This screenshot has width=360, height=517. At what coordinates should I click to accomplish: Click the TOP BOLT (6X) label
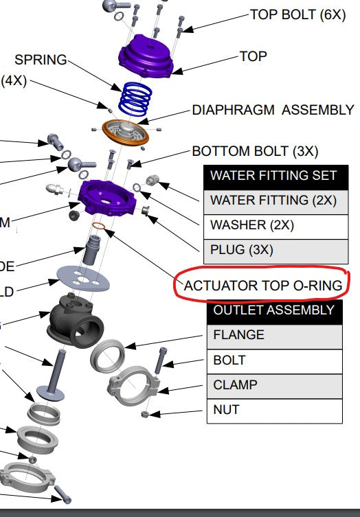[x=298, y=14]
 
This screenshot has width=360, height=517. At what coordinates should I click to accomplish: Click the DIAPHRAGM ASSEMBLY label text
[x=273, y=110]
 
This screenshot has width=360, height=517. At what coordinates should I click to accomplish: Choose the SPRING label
[x=41, y=60]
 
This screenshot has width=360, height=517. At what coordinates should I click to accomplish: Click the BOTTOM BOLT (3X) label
[x=255, y=151]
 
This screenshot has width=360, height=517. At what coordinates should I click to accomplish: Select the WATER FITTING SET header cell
[x=273, y=175]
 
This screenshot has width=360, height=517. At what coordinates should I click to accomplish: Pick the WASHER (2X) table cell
[x=273, y=225]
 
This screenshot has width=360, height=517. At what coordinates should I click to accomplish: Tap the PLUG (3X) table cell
[x=273, y=249]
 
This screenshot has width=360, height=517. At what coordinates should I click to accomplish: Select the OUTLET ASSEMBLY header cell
[x=273, y=310]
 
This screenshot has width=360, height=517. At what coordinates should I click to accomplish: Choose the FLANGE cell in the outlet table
[x=273, y=335]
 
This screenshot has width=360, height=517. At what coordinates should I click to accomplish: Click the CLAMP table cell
[x=273, y=385]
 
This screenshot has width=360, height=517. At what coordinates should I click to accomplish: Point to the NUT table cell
[x=273, y=410]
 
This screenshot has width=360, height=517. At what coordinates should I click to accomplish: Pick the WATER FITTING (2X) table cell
[x=273, y=200]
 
